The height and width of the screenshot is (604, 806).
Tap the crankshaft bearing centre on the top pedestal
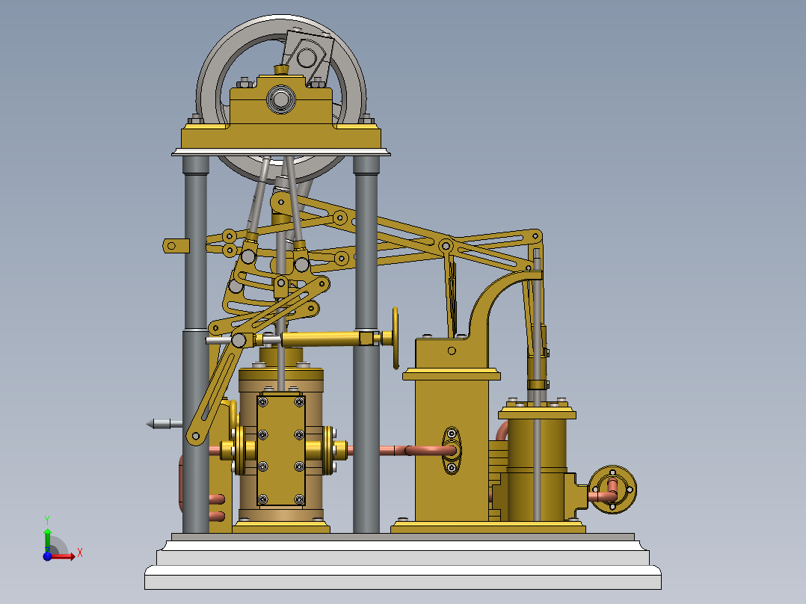point(280,98)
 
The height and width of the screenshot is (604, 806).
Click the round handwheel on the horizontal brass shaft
point(396,338)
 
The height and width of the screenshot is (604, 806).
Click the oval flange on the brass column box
point(452,450)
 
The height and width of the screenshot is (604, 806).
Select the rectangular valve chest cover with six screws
point(280,450)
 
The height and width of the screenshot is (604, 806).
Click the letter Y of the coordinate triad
point(46,519)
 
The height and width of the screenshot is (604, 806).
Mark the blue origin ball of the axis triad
point(47,555)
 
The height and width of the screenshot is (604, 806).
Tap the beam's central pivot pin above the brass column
point(446,245)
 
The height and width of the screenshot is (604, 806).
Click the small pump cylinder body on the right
point(537,467)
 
